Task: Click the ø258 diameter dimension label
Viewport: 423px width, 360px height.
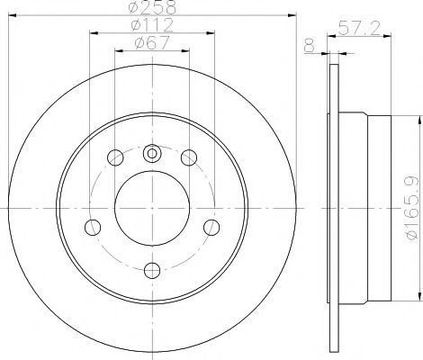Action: [x=152, y=7]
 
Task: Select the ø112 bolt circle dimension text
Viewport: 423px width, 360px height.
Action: [x=152, y=24]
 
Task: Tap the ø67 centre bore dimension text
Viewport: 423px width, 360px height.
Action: [x=152, y=42]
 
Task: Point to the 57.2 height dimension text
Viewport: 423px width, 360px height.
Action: [x=359, y=29]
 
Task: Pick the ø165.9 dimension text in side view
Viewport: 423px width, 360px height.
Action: [x=412, y=208]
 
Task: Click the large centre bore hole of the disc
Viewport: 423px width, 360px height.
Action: [x=152, y=208]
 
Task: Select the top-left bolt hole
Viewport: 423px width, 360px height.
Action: [x=115, y=157]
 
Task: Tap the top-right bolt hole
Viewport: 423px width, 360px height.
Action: [x=189, y=157]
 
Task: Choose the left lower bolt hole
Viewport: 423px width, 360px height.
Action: [x=93, y=228]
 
